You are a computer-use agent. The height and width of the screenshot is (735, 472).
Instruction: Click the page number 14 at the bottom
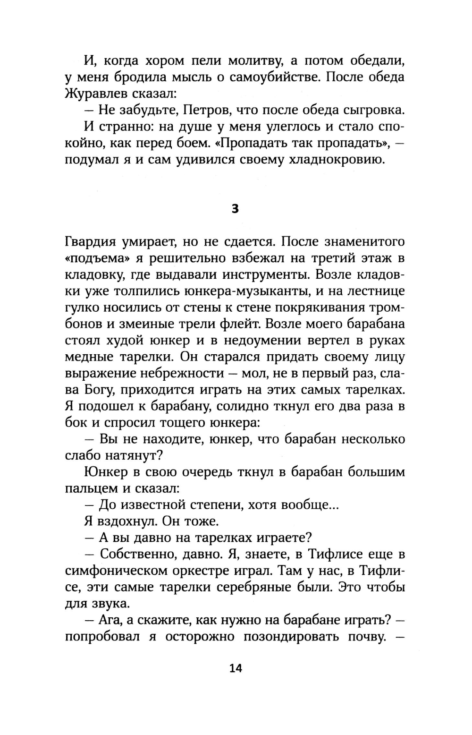pos(235,668)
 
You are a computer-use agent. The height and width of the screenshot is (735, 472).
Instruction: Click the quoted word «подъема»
pos(94,259)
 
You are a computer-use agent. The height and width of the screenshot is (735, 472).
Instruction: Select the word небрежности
pos(182,374)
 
